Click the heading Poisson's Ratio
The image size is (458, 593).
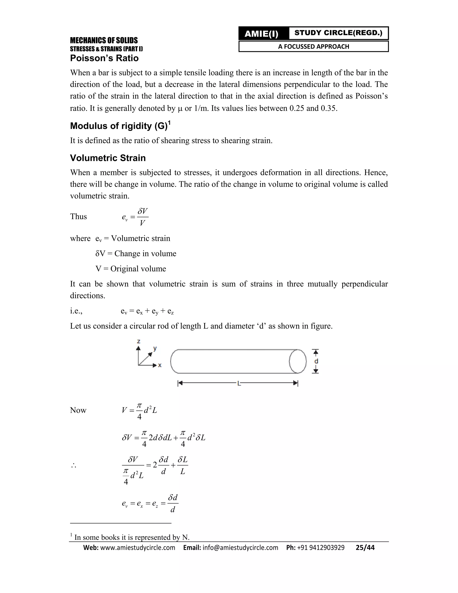(104, 58)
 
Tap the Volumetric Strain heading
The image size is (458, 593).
(108, 158)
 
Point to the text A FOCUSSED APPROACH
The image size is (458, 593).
(313, 46)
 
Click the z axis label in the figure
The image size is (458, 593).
(138, 341)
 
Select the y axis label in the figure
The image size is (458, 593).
(155, 348)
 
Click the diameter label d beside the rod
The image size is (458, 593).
(316, 361)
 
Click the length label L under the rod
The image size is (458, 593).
(239, 383)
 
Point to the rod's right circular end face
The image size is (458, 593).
(298, 361)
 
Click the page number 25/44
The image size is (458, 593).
(365, 548)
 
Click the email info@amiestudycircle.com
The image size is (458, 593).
(240, 548)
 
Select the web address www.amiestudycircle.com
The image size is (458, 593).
(138, 548)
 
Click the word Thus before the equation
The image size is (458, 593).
(78, 216)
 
